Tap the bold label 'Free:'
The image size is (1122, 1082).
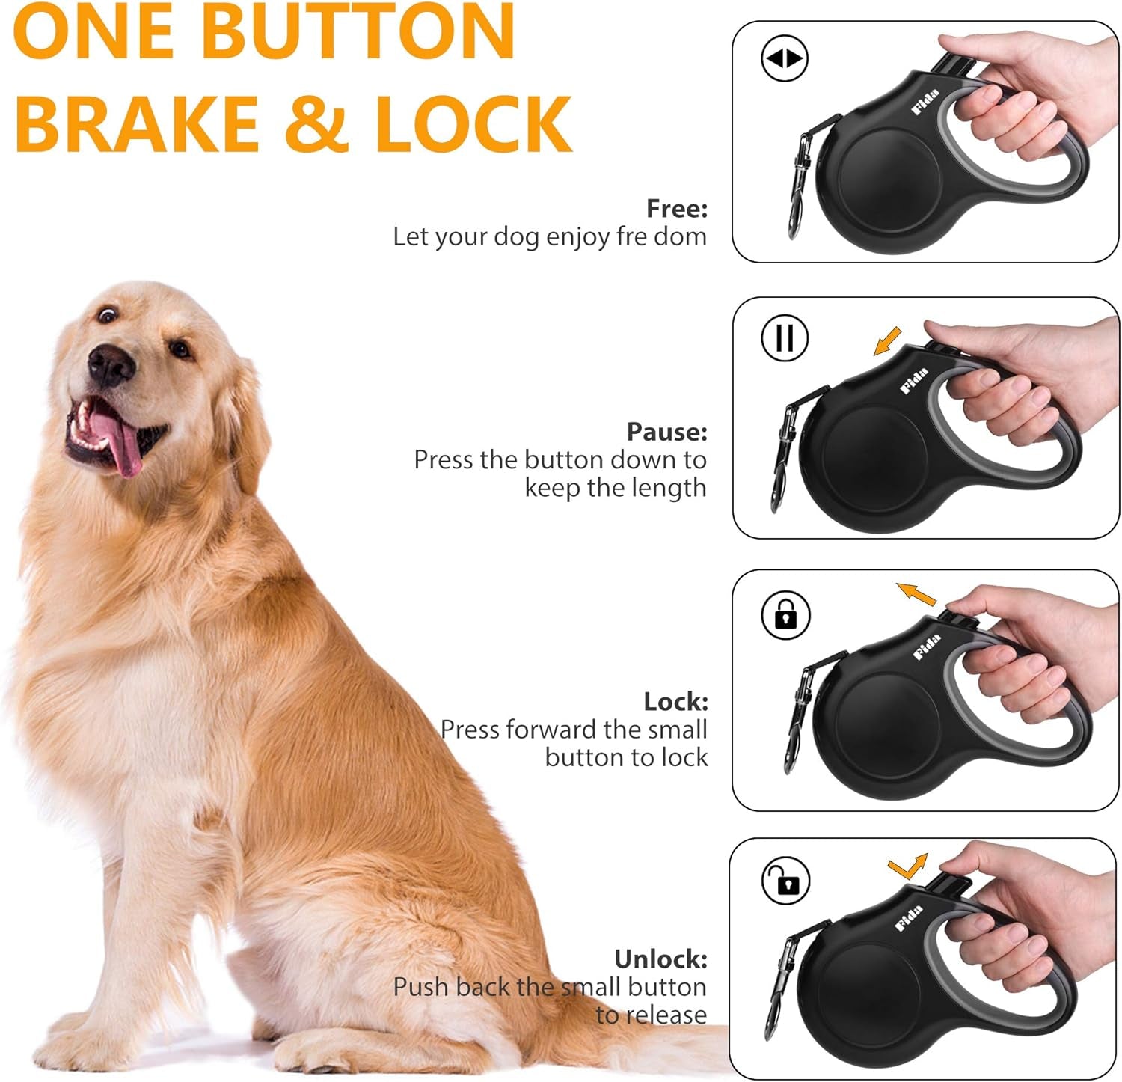(x=676, y=209)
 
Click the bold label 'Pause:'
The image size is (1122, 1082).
(x=666, y=432)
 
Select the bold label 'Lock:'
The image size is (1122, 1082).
(x=675, y=701)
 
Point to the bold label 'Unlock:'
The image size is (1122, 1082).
(x=660, y=959)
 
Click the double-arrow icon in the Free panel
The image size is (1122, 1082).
(x=784, y=58)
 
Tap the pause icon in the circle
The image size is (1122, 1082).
(x=784, y=337)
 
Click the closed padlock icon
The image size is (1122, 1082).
(x=785, y=614)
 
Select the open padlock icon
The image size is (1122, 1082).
(x=785, y=881)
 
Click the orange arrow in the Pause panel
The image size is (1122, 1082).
(x=888, y=343)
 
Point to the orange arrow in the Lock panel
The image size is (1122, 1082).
(x=917, y=594)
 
